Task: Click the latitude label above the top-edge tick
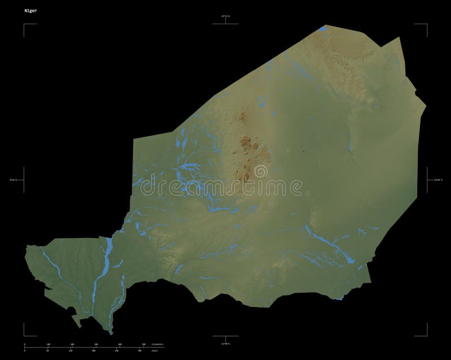225,16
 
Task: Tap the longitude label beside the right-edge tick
437,180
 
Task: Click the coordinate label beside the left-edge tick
13,180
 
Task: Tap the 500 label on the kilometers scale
144,343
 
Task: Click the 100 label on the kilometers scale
48,343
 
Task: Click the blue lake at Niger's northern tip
322,28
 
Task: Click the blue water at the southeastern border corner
339,299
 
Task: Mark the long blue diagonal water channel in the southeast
327,242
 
